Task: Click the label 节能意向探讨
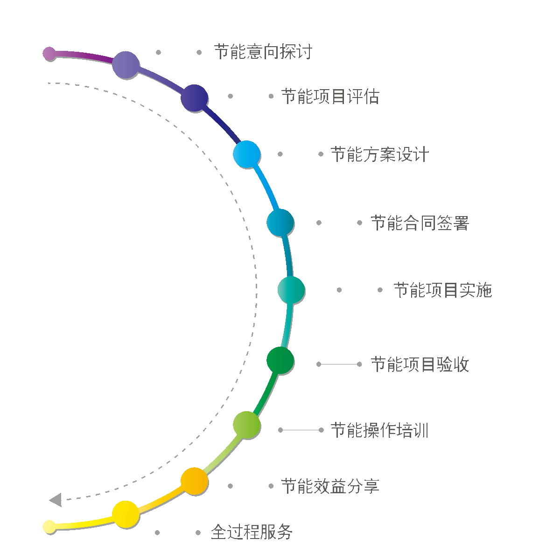point(263,52)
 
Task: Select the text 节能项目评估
point(330,97)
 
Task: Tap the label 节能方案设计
point(379,154)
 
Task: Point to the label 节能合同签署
point(420,223)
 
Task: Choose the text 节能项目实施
point(442,290)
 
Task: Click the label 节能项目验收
point(420,364)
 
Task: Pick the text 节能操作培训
point(379,430)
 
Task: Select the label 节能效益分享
point(330,486)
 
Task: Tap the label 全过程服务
point(252,532)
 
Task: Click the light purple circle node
point(126,65)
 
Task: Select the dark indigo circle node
point(194,98)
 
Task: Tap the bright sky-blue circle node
point(246,154)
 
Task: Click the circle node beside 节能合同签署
point(280,223)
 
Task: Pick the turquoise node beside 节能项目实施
point(291,290)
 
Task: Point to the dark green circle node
point(280,360)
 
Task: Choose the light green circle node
point(246,425)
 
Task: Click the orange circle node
point(194,481)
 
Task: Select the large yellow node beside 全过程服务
point(126,514)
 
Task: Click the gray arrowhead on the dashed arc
point(56,500)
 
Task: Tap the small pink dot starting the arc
point(49,54)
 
